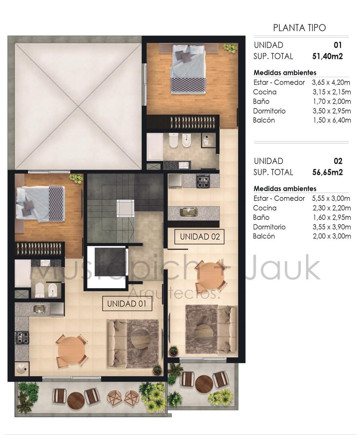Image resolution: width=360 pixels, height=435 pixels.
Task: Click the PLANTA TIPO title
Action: [x=299, y=28]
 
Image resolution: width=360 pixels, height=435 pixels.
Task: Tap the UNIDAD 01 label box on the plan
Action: [x=127, y=303]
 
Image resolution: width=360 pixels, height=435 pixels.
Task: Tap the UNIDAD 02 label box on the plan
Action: [x=199, y=237]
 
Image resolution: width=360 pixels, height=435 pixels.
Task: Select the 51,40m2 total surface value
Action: [x=327, y=56]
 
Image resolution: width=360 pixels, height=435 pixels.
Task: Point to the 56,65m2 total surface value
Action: [x=327, y=172]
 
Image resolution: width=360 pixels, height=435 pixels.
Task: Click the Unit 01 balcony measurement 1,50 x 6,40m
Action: [x=332, y=120]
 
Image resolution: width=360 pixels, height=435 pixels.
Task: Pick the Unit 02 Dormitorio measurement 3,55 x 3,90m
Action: [x=332, y=227]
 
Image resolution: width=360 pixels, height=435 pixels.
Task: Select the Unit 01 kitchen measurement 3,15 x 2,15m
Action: [x=332, y=92]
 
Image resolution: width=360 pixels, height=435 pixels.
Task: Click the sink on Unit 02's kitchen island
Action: [x=189, y=212]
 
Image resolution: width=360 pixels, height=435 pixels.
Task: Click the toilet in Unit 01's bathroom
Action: [x=39, y=289]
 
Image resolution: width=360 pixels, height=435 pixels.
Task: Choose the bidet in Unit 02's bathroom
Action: [x=187, y=140]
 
